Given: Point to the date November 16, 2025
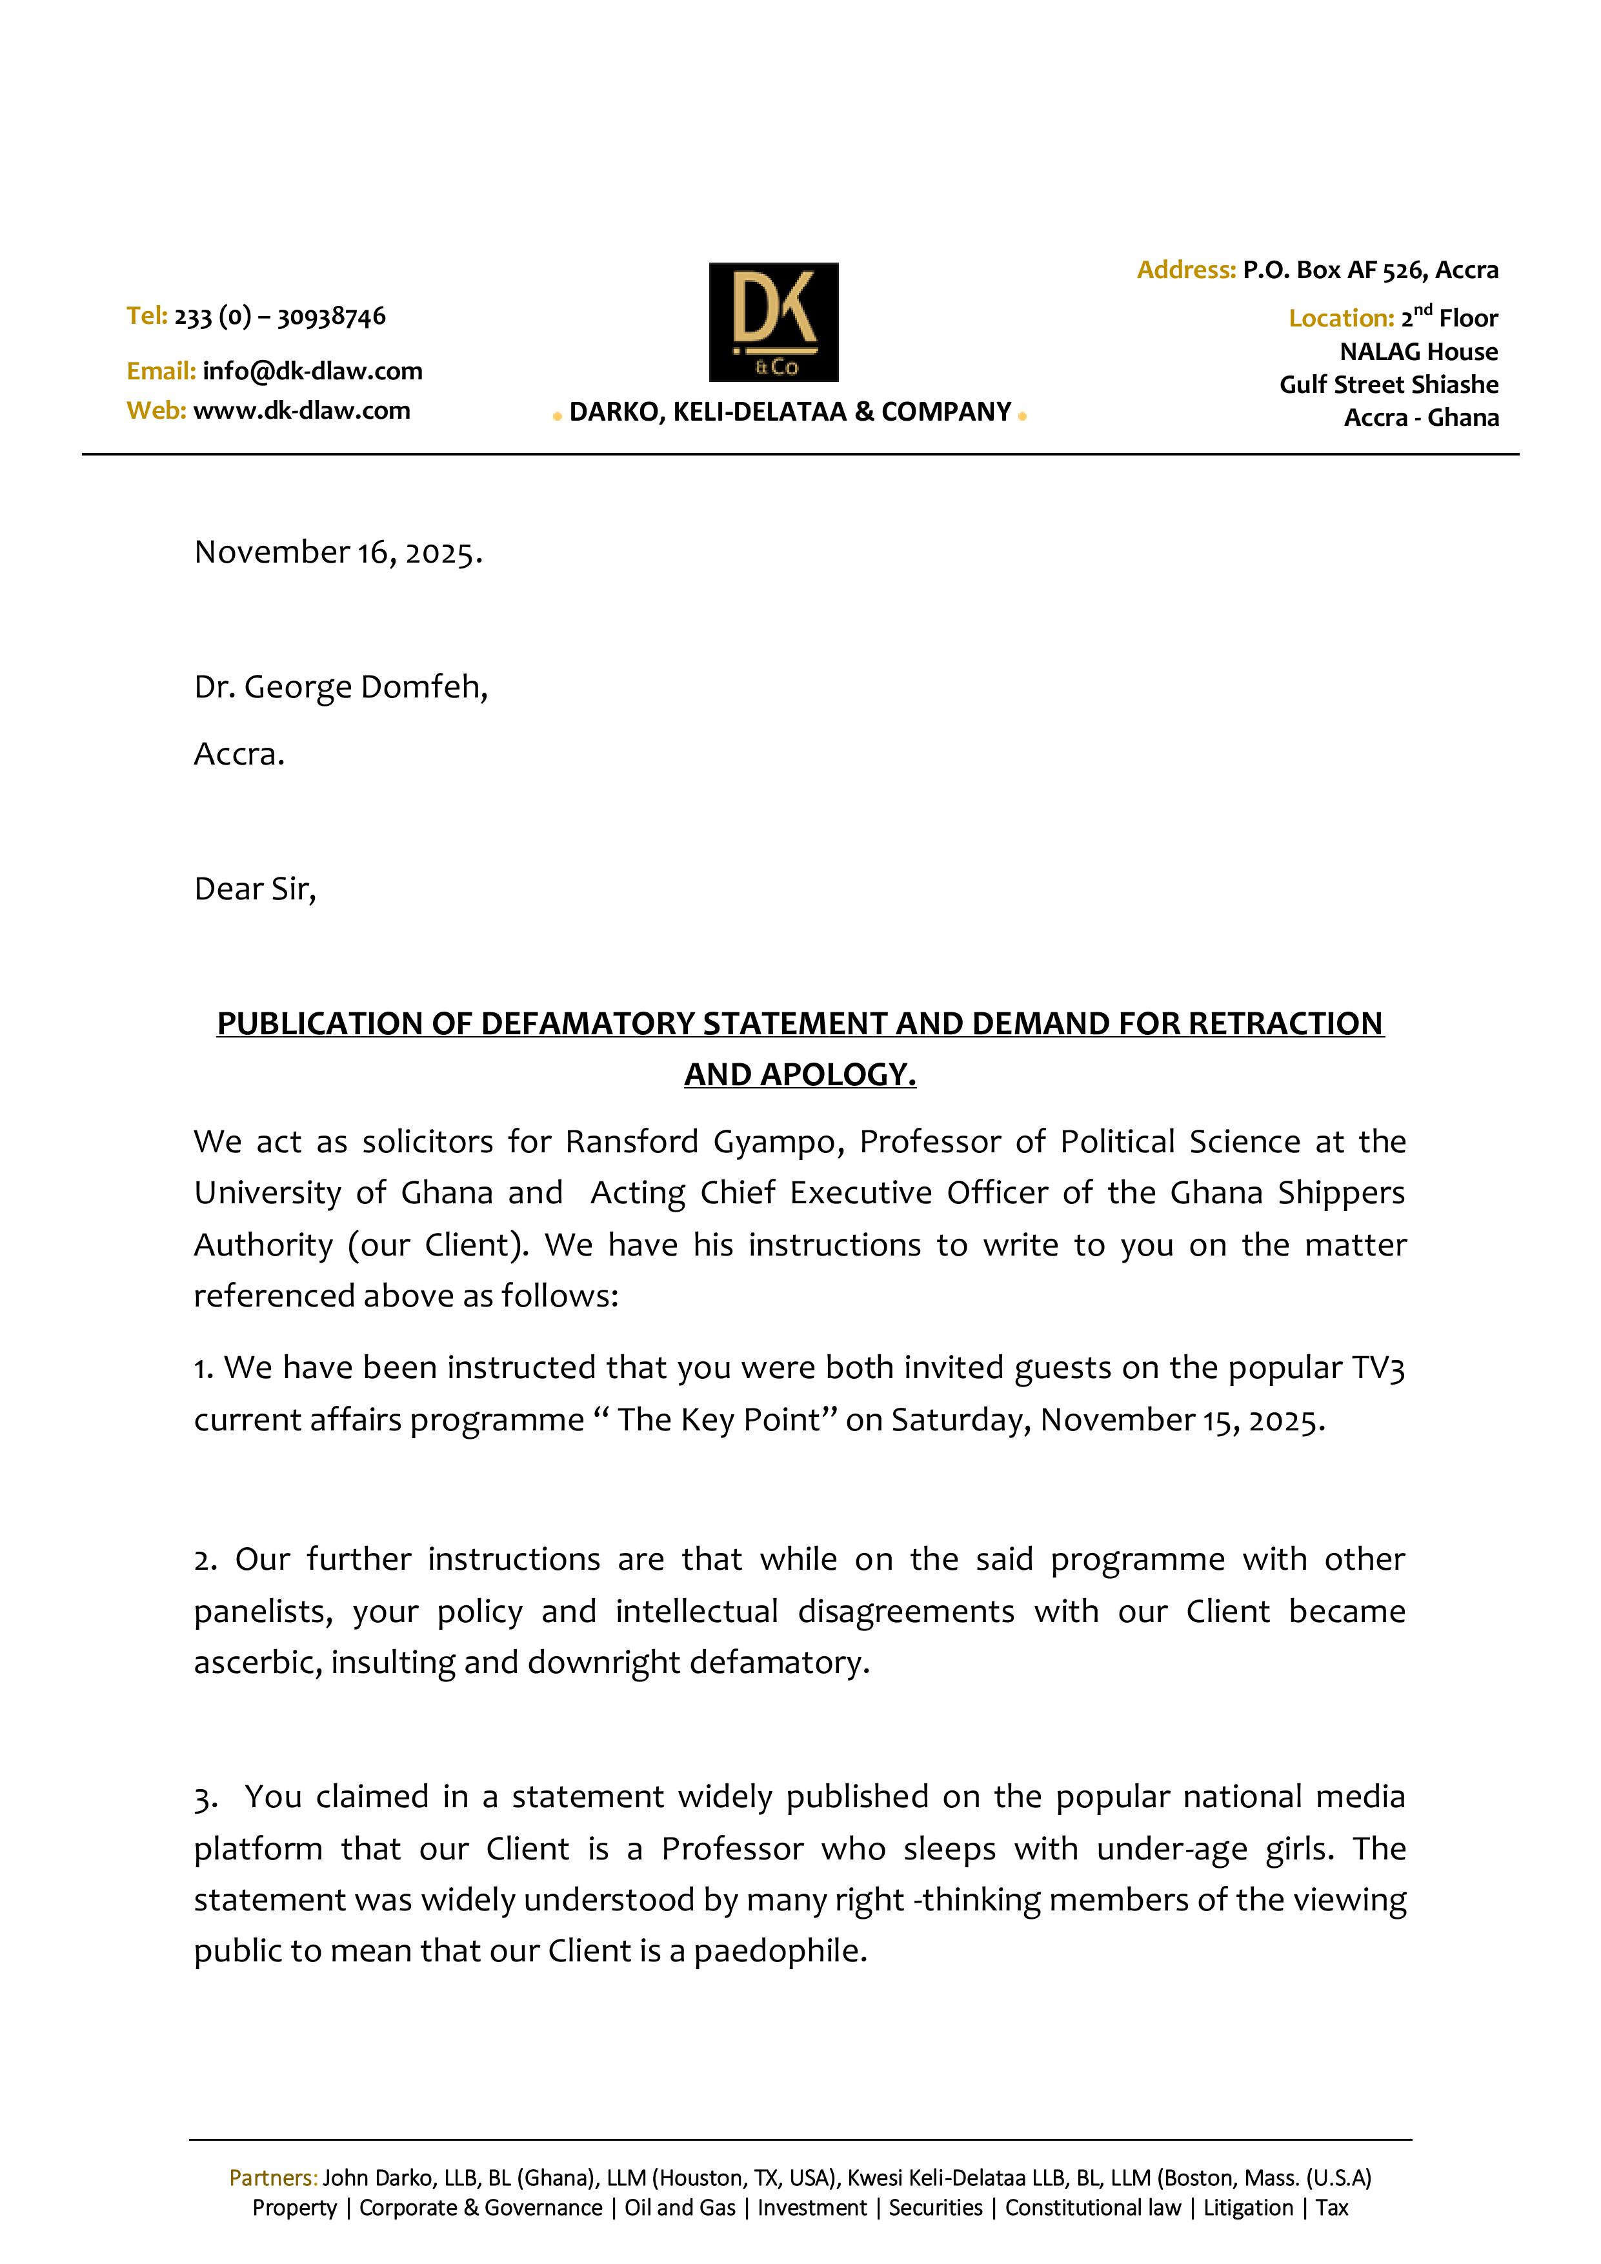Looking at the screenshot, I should [338, 552].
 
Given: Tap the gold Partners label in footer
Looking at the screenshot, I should [272, 2178].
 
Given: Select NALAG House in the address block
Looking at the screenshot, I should [1418, 352].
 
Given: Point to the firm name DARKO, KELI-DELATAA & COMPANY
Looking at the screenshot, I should [790, 412].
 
